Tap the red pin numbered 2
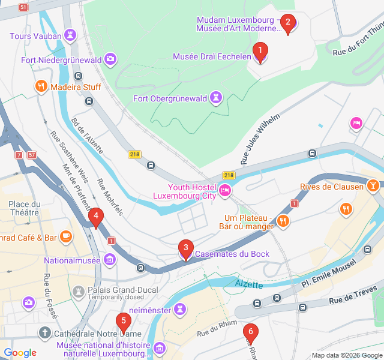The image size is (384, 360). (287, 23)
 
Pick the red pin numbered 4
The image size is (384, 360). (95, 217)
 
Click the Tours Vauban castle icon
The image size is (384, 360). (71, 35)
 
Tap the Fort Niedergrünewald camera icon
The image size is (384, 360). (110, 59)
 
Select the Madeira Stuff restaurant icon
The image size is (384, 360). (41, 86)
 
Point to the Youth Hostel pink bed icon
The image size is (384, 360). (225, 191)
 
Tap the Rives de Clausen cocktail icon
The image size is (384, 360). (373, 186)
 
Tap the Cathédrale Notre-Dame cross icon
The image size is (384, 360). (45, 332)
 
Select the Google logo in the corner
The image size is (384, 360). (20, 352)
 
